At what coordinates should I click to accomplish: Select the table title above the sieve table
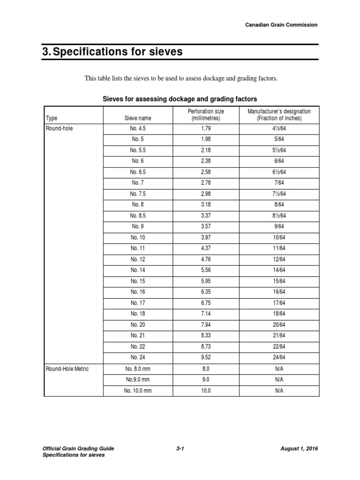[180, 99]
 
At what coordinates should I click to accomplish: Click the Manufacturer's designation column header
[279, 115]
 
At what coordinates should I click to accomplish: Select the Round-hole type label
[60, 127]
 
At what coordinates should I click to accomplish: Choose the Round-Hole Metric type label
[67, 369]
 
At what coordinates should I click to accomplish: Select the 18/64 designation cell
[279, 313]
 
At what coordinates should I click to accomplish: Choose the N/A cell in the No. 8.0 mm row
[279, 369]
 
